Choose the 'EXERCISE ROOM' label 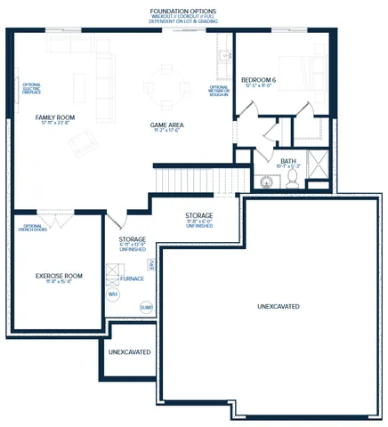tap(59, 276)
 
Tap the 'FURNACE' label tap(133, 278)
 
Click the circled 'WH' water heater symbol tap(113, 294)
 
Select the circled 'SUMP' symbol tap(146, 307)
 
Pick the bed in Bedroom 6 tap(302, 70)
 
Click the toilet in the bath tap(291, 181)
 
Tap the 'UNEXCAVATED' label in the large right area tap(278, 307)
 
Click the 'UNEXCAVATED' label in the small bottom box tap(129, 352)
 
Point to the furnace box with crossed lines tap(113, 274)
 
